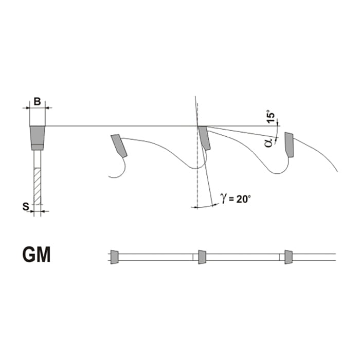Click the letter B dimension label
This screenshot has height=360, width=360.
coord(37,101)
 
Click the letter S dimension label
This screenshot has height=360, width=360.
coord(26,207)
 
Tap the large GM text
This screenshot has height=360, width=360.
coord(37,255)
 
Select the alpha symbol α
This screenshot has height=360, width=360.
coord(268,142)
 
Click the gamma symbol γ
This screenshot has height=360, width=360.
coord(223,197)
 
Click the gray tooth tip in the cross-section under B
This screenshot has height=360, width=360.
coord(38,138)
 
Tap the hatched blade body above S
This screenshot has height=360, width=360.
coord(38,186)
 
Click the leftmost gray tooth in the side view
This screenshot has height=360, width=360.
coord(119,146)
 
